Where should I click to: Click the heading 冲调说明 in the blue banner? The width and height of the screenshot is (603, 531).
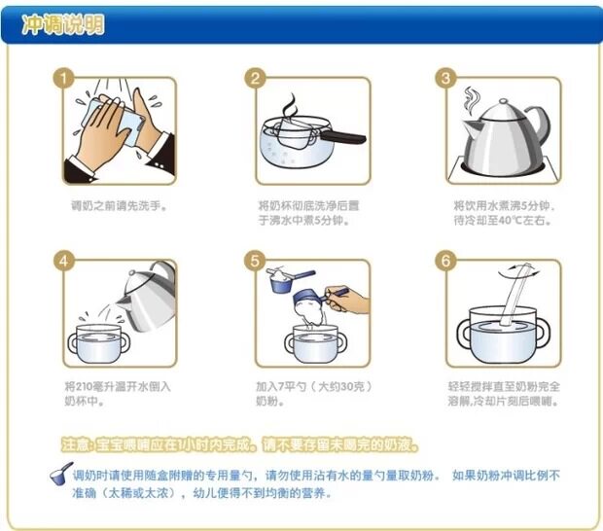(62, 24)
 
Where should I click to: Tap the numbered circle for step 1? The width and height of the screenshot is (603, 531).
(63, 79)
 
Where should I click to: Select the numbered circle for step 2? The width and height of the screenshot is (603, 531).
(255, 79)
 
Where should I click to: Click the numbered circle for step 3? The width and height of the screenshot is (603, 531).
(445, 79)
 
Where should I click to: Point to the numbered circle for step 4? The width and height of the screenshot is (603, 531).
(64, 261)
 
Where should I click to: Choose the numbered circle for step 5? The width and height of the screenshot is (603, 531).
(255, 261)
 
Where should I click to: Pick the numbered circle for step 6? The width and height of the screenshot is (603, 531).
(445, 261)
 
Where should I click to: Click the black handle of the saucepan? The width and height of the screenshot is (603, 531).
(342, 137)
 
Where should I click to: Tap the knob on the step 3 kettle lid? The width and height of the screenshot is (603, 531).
(503, 102)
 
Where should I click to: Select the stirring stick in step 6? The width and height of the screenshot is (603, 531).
(515, 295)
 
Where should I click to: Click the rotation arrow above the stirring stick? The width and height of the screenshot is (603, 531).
(518, 271)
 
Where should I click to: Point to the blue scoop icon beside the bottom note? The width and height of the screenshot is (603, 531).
(61, 474)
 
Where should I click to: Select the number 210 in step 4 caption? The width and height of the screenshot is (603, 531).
(84, 386)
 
